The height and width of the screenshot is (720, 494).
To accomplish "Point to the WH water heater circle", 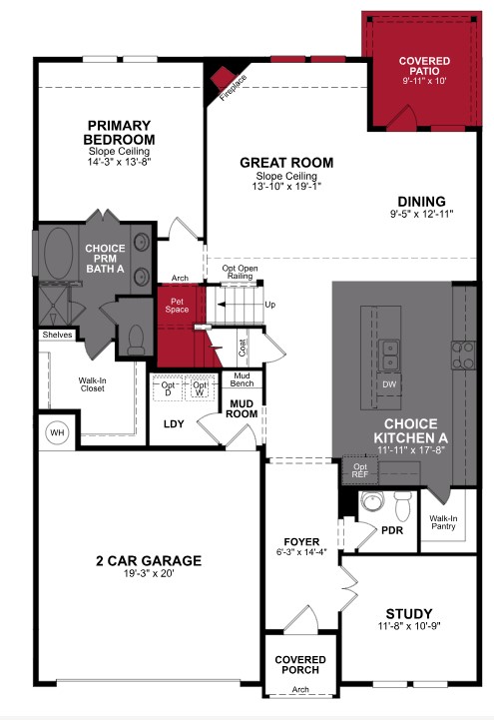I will coord(55,432).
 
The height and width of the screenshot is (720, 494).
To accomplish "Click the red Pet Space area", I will coord(179,306).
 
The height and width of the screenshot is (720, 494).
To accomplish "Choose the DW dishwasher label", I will coord(389,383).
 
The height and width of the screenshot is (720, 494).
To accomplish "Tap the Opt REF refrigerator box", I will coord(359,469).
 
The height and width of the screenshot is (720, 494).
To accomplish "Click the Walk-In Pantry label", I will coord(443,522).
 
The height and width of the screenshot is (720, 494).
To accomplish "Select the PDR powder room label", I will coord(393,529).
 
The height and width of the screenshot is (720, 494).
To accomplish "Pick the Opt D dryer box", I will coord(167,387).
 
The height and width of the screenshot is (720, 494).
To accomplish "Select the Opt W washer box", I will coord(200,387).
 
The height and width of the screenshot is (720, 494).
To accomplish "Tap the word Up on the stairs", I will coord(269,305).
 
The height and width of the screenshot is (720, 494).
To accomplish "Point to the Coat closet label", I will coord(243,348).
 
